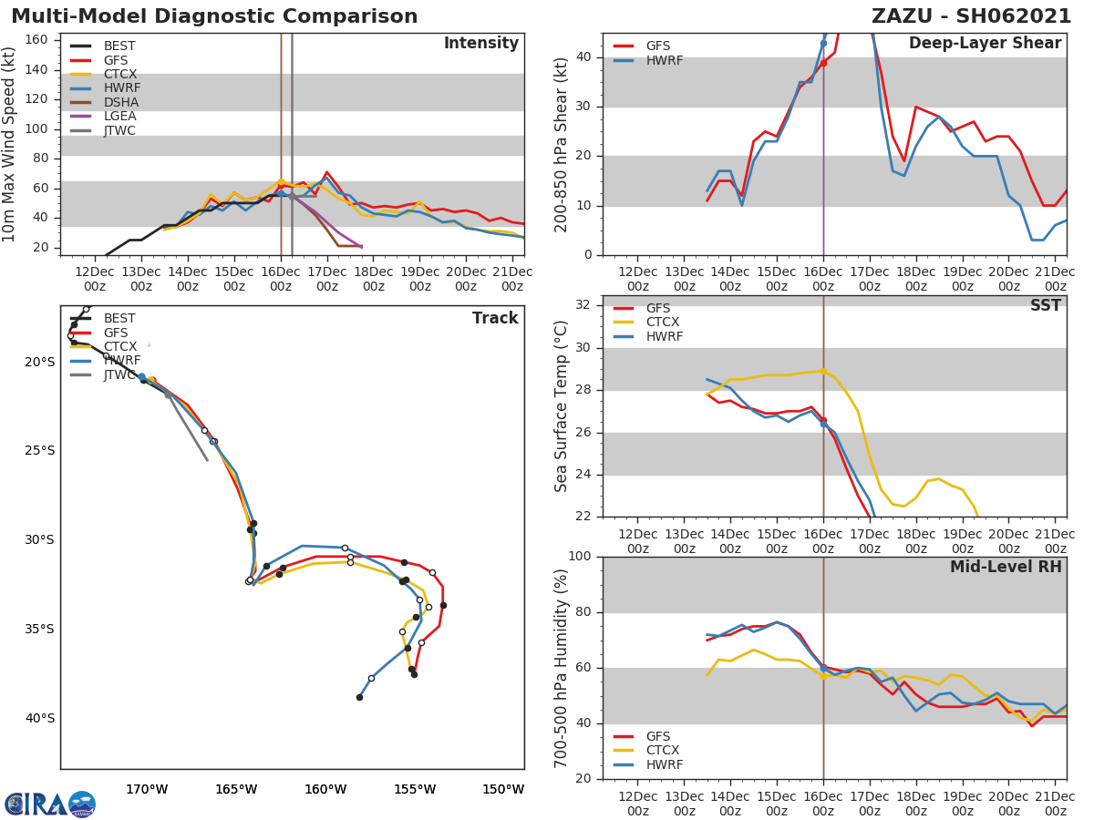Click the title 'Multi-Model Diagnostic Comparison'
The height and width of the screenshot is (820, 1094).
[x=214, y=16]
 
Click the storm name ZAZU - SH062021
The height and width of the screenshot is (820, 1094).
[x=971, y=16]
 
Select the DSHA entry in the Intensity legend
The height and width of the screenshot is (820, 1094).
[x=119, y=102]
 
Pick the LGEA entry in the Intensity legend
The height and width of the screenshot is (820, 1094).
[x=119, y=116]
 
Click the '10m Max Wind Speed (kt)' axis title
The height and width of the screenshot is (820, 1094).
[x=10, y=144]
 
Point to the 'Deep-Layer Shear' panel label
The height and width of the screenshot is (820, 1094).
[x=985, y=44]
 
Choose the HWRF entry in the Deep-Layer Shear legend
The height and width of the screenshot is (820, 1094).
[x=664, y=60]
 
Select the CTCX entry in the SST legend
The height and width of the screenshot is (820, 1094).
[x=665, y=323]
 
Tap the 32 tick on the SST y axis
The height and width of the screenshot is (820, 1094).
[x=583, y=305]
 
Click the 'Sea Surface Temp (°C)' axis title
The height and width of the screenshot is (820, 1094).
[x=562, y=406]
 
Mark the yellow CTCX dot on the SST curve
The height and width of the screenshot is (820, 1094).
[x=823, y=371]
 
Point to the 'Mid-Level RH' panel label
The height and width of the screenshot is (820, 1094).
[x=1006, y=567]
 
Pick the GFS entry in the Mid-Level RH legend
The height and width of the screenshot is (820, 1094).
[x=658, y=736]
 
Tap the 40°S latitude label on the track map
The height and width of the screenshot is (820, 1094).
[x=40, y=718]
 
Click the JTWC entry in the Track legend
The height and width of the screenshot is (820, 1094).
[x=119, y=374]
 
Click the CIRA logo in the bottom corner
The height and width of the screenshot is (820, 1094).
[x=50, y=804]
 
